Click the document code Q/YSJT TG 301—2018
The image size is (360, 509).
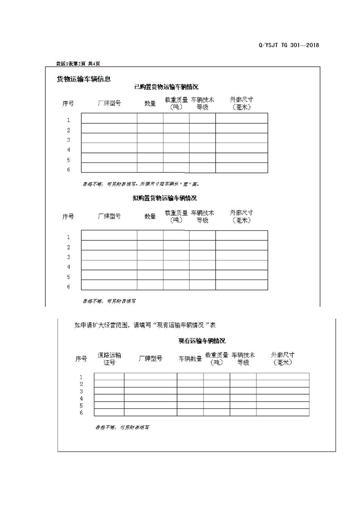289,45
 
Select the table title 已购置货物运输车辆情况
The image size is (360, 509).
166,87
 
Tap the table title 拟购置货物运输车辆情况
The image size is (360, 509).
165,198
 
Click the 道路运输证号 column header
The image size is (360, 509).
109,358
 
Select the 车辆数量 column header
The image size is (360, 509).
190,359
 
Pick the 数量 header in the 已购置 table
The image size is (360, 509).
150,103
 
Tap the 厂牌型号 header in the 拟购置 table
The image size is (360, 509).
109,216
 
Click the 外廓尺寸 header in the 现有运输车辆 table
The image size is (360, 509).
283,358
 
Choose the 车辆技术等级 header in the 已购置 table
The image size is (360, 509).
202,103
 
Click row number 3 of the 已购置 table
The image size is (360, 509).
69,140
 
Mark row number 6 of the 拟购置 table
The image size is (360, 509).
69,287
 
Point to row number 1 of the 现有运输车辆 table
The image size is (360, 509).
81,377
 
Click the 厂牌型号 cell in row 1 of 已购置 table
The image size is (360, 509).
109,118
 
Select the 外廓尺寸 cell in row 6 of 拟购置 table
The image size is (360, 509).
242,285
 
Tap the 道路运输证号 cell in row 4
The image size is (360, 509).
109,398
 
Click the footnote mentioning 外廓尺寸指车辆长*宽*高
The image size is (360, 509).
140,184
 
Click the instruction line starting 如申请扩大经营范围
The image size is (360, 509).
145,325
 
